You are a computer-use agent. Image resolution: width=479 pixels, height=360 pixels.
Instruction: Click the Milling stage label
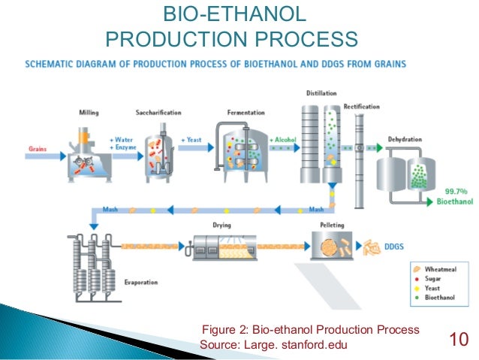tap(89, 113)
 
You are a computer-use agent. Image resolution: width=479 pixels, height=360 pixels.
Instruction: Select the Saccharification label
tap(158, 113)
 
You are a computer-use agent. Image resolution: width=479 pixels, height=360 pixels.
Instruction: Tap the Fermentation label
tap(246, 113)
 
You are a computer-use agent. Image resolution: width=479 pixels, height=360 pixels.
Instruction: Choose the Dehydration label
tap(405, 139)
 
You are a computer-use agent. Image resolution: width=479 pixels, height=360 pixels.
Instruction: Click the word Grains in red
tap(38, 148)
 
